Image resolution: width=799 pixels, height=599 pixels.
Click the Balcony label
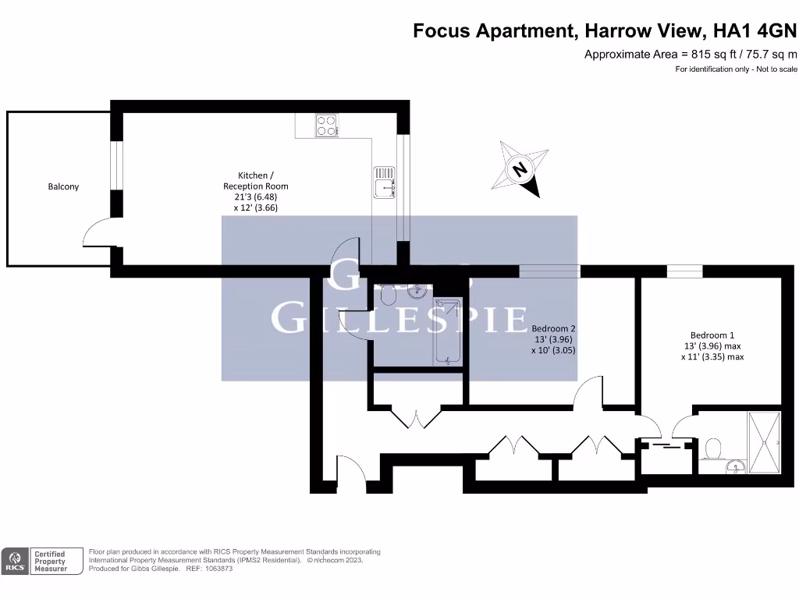point(63,186)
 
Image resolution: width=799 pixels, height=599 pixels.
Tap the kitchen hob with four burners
point(327,126)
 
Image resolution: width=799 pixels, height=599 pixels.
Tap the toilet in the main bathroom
point(388,296)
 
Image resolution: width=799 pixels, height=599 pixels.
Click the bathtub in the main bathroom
point(447,331)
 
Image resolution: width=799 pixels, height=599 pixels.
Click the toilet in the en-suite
point(712,449)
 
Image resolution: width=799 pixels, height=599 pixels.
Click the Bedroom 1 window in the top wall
point(684,271)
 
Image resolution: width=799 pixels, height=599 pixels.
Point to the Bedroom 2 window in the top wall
point(549,271)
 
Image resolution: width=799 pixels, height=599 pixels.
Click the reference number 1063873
point(218,569)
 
